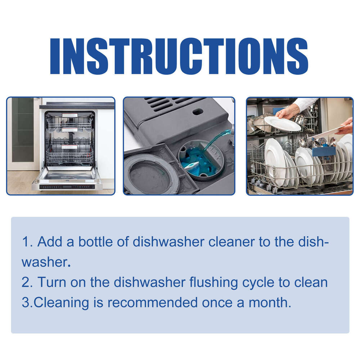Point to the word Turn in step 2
50,282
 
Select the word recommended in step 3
153,302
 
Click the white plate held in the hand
282,123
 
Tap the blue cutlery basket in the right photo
324,150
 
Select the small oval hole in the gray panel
197,112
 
